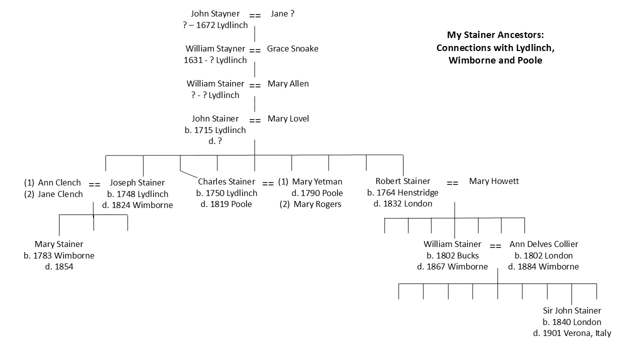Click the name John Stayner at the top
[x=215, y=14]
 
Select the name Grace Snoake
[x=292, y=49]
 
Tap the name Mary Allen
[x=288, y=84]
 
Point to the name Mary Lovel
[x=288, y=119]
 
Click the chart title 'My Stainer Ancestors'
[x=495, y=35]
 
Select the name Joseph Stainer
[x=137, y=183]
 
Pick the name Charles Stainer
[x=226, y=182]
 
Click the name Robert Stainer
[x=402, y=181]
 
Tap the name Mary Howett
[x=493, y=181]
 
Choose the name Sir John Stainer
[x=572, y=311]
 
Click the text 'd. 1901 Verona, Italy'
[x=572, y=333]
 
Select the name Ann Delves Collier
[x=543, y=244]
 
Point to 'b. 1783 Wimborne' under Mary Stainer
[x=59, y=256]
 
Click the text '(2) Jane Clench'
[x=53, y=194]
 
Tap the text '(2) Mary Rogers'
[x=310, y=204]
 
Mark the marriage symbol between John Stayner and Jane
[x=255, y=15]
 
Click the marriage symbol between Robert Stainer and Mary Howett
[x=452, y=183]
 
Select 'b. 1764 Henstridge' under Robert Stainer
[x=402, y=193]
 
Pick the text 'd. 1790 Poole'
[x=317, y=193]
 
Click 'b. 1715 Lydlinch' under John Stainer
[x=215, y=130]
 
